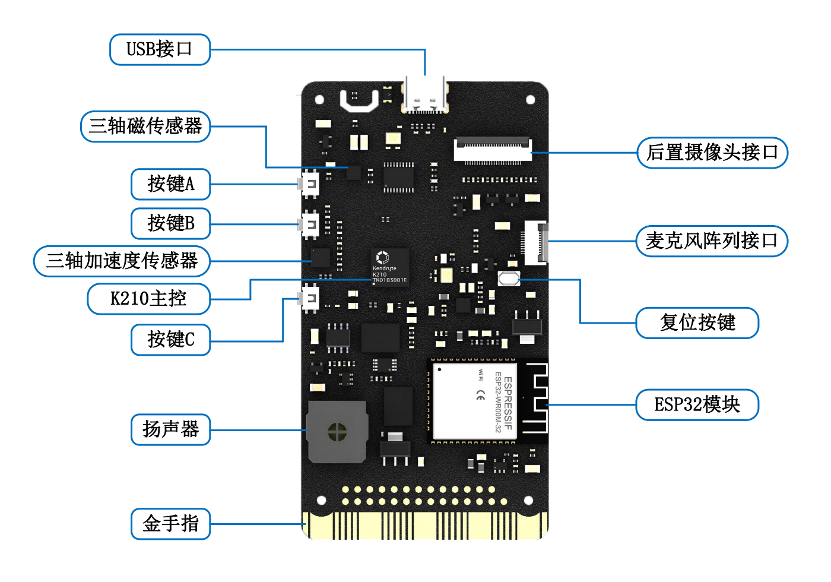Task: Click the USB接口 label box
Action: click(x=160, y=49)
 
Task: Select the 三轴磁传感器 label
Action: click(x=145, y=126)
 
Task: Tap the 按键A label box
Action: click(x=171, y=184)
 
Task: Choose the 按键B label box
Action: click(x=171, y=223)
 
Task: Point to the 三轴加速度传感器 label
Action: click(x=122, y=261)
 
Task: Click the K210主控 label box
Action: click(x=149, y=299)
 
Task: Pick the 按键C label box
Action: click(x=171, y=340)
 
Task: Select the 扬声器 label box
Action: click(x=171, y=429)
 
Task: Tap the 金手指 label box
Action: click(x=171, y=524)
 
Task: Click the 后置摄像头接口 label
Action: click(x=712, y=153)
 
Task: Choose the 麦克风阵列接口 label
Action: click(x=712, y=241)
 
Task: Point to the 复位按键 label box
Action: click(x=697, y=323)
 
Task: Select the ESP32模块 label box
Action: click(x=697, y=404)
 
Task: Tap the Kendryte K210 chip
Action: click(x=390, y=267)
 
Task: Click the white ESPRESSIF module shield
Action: click(x=474, y=401)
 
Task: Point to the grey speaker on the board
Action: click(x=337, y=432)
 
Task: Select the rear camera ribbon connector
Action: click(x=493, y=150)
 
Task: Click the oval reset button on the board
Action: click(x=509, y=279)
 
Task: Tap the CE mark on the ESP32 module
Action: click(x=481, y=396)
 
